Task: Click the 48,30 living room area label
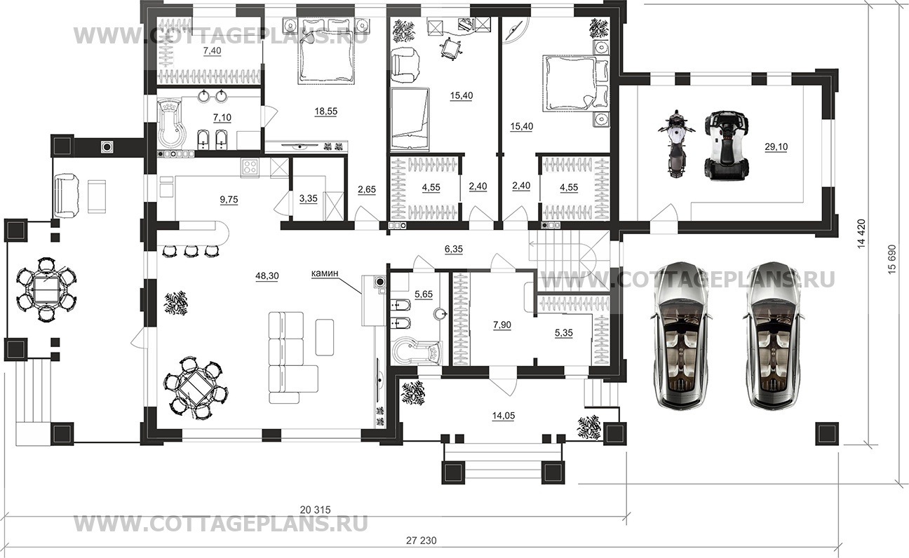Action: click(x=267, y=276)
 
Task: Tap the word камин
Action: click(x=325, y=273)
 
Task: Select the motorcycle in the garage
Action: click(x=675, y=143)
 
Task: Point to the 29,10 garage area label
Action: click(x=776, y=147)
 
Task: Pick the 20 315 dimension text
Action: click(x=316, y=510)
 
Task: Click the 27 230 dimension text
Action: click(x=422, y=540)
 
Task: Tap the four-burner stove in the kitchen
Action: click(x=250, y=167)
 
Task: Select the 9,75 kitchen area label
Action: click(x=229, y=200)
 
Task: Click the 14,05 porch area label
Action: click(x=503, y=416)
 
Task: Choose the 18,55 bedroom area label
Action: click(x=326, y=111)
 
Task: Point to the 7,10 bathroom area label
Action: click(x=222, y=118)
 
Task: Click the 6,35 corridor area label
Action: click(x=454, y=249)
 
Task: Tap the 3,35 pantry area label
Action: click(x=309, y=198)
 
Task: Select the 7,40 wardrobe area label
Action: click(x=213, y=50)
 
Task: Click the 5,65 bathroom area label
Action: click(x=424, y=294)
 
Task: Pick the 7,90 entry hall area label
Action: click(x=502, y=325)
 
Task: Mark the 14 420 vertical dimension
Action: click(x=861, y=233)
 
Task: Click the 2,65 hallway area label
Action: click(x=367, y=189)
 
